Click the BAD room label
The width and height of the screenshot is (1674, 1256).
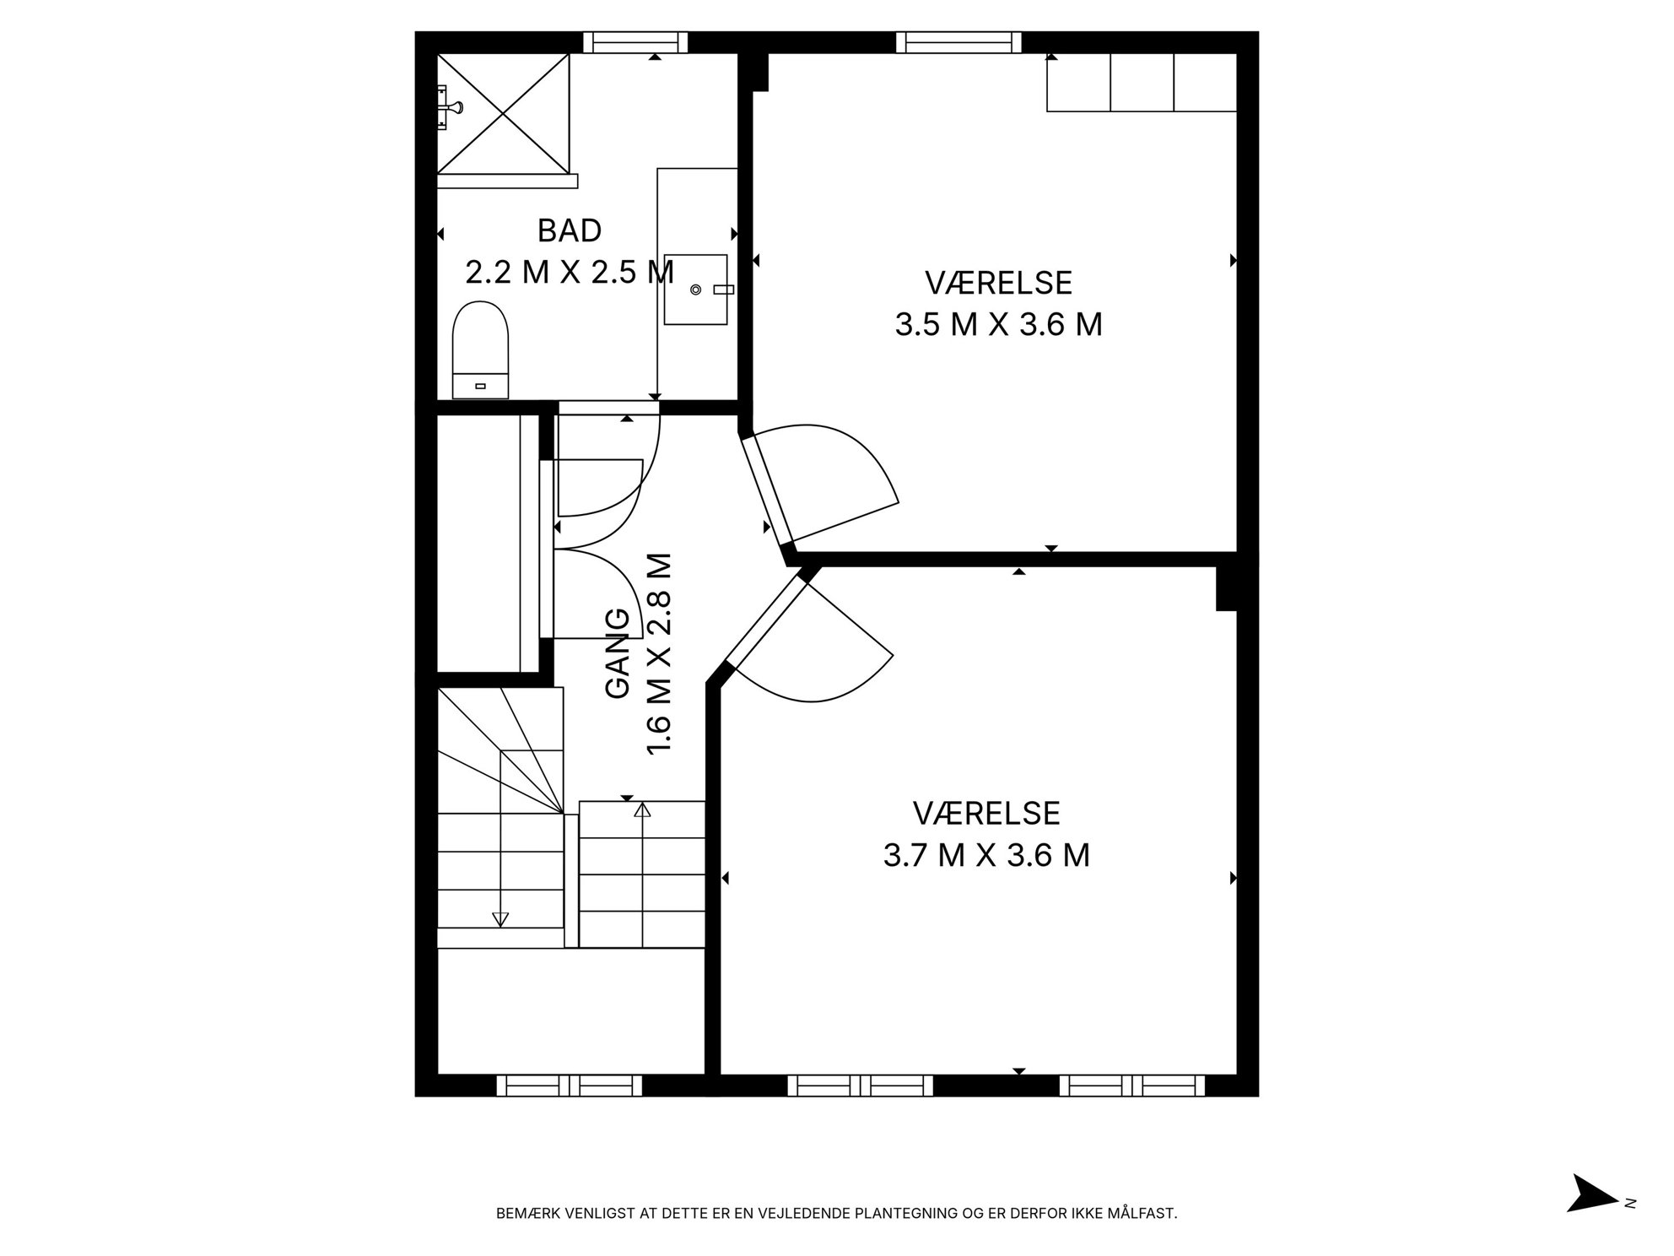pos(570,230)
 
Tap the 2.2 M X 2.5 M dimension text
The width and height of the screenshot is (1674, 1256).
pos(570,272)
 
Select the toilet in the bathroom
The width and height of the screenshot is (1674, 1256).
pos(481,349)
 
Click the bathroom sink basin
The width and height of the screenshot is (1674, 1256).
pos(696,290)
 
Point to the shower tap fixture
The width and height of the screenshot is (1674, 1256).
pos(449,107)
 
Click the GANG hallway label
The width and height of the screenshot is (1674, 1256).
pos(618,653)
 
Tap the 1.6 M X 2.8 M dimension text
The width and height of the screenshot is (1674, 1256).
pos(659,654)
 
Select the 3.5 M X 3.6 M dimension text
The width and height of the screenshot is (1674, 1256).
pos(998,324)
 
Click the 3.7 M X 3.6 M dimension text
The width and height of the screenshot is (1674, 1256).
pos(986,855)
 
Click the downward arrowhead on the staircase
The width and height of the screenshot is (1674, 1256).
pos(500,920)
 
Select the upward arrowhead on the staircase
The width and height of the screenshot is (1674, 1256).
pos(643,810)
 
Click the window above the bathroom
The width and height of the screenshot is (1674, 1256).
pos(635,41)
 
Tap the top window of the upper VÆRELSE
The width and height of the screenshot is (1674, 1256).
pos(958,41)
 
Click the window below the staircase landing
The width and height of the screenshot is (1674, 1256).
pos(570,1085)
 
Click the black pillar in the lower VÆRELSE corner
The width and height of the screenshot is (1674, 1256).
pos(1227,587)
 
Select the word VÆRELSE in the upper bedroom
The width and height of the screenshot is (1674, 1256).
pos(998,283)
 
